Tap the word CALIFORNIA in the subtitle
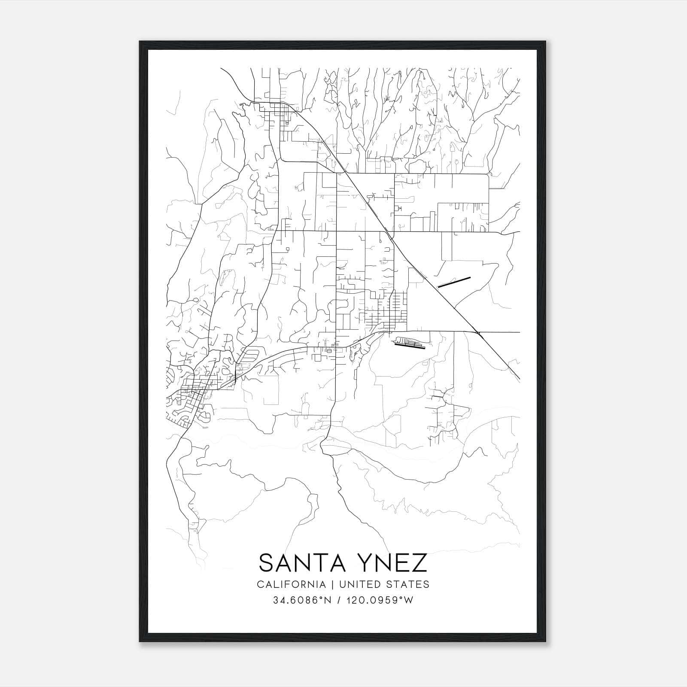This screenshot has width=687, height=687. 290,584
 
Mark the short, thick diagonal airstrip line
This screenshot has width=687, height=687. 454,282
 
